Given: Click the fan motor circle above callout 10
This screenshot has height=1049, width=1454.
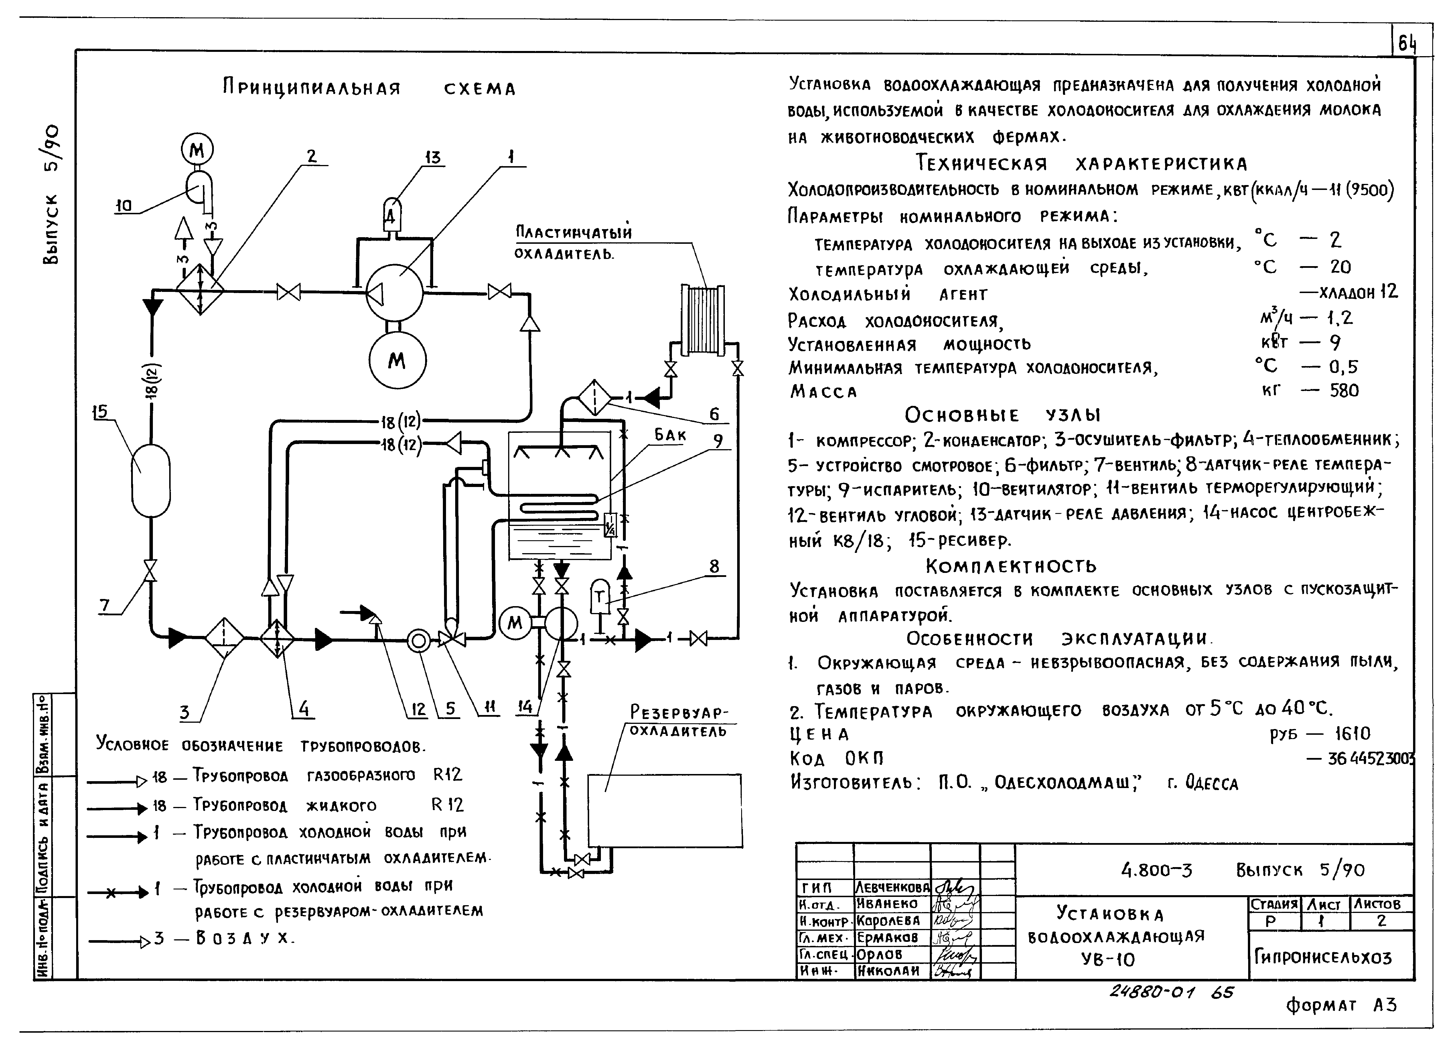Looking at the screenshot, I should coord(198,150).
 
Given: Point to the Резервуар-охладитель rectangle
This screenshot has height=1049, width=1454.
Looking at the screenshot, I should coord(665,811).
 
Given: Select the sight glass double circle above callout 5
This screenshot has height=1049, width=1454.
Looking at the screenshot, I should coord(419,640).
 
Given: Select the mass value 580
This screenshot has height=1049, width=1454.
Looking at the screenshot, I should coord(1344,390).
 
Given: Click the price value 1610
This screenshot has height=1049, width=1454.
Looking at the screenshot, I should coord(1353,733).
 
